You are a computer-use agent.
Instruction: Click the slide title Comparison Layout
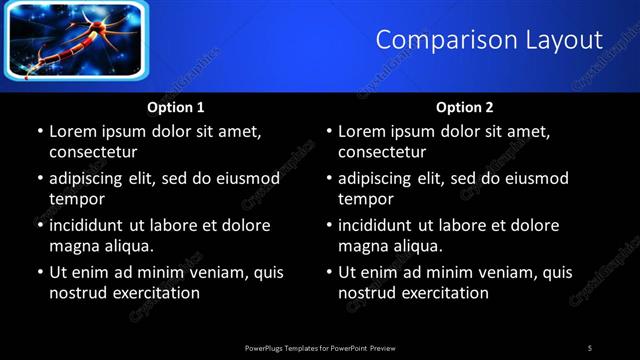click(x=489, y=40)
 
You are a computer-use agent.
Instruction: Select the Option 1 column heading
click(x=176, y=107)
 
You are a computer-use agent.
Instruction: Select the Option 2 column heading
click(x=465, y=107)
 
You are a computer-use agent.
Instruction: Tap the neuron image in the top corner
click(x=76, y=40)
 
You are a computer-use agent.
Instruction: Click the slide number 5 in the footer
click(x=590, y=347)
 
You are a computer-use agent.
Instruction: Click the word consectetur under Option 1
click(x=93, y=152)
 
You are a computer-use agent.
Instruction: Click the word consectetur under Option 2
click(x=382, y=152)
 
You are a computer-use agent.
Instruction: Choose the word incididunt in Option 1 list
click(x=92, y=225)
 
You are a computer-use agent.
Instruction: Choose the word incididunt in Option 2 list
click(x=381, y=225)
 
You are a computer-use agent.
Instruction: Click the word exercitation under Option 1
click(x=154, y=293)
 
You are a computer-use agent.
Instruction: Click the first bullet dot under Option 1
click(x=39, y=131)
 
